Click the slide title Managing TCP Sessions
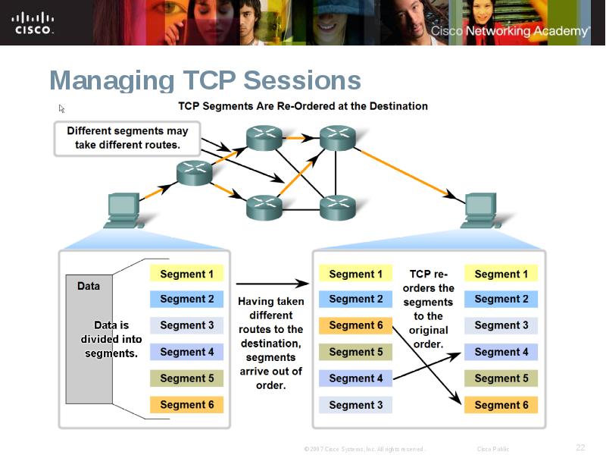point(205,80)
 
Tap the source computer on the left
point(123,210)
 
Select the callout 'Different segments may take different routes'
point(127,137)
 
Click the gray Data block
point(89,338)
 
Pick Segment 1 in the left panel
point(186,274)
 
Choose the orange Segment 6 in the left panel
point(186,404)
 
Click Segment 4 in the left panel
point(186,352)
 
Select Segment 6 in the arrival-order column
point(355,325)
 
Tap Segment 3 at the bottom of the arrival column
point(355,404)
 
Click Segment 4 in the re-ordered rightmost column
point(501,352)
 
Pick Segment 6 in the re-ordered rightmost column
point(501,404)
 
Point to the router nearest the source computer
point(195,173)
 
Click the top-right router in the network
point(337,138)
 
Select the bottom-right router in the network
point(337,206)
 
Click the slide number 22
point(580,447)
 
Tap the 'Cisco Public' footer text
point(492,449)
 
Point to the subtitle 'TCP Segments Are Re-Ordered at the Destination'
point(303,106)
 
